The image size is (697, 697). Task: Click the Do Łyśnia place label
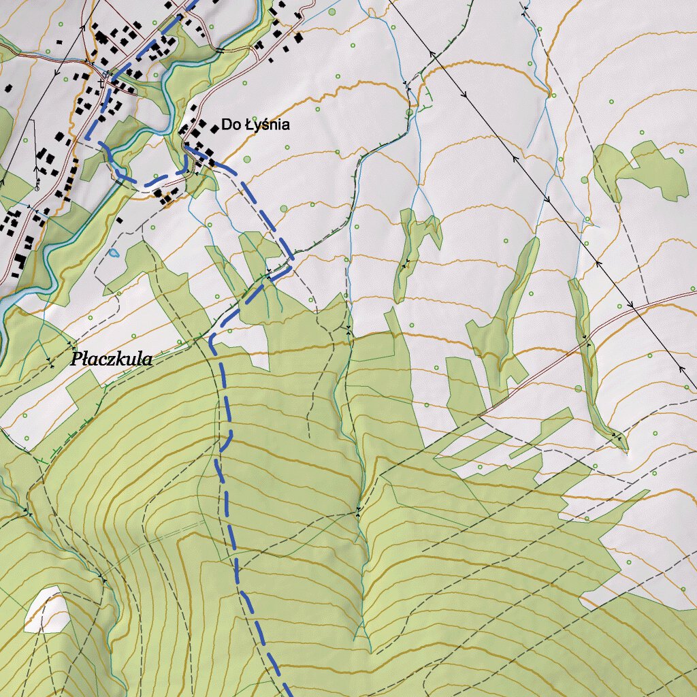pyautogui.click(x=255, y=125)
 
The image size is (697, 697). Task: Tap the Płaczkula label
pyautogui.click(x=112, y=359)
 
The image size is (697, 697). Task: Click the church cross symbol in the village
pyautogui.click(x=101, y=82)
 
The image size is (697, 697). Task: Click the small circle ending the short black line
pyautogui.click(x=37, y=186)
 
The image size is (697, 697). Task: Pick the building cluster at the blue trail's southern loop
pyautogui.click(x=163, y=195)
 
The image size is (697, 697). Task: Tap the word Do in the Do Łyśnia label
pyautogui.click(x=229, y=125)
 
